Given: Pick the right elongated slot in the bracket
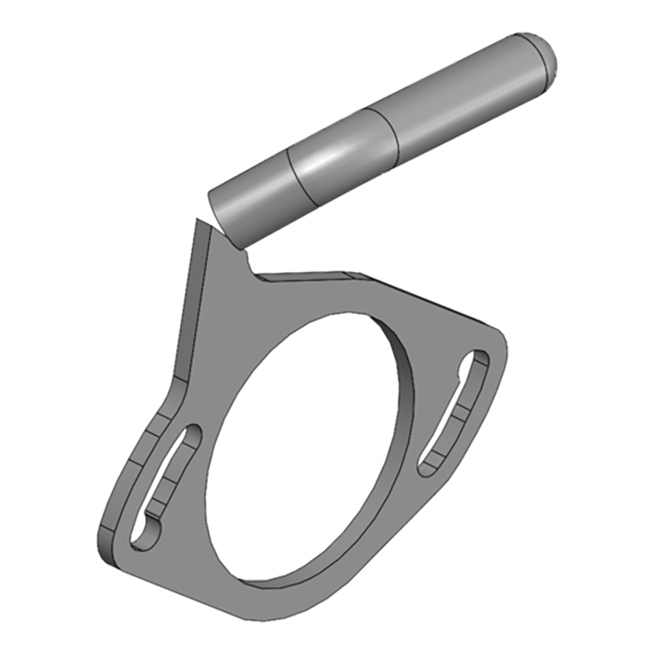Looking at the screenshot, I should coord(455,412).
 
